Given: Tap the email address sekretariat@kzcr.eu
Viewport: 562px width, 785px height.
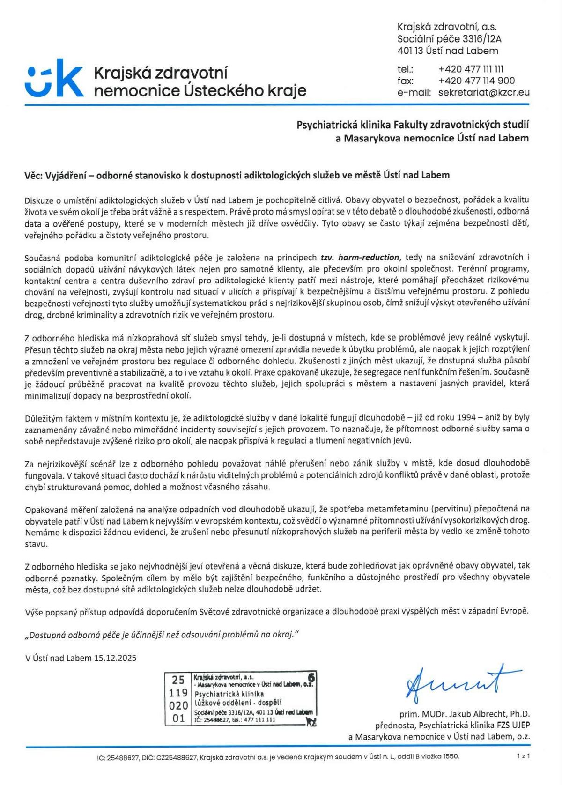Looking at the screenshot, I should pyautogui.click(x=484, y=92).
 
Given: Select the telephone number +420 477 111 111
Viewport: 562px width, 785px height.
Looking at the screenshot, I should pyautogui.click(x=471, y=69).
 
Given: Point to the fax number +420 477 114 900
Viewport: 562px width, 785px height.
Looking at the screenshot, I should pyautogui.click(x=476, y=81).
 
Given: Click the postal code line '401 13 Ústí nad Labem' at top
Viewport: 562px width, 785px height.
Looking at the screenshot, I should pyautogui.click(x=448, y=51).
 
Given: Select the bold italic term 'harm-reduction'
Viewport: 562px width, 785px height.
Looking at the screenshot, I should pyautogui.click(x=369, y=257).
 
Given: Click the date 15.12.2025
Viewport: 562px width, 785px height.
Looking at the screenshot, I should pyautogui.click(x=115, y=658).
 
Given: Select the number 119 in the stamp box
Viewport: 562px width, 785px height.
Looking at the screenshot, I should pyautogui.click(x=178, y=692).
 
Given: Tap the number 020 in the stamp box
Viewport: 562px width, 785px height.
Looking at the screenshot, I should pyautogui.click(x=178, y=705).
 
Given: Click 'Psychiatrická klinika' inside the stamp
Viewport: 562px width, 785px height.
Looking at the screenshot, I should pyautogui.click(x=229, y=694).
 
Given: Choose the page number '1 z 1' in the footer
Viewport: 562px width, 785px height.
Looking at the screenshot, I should pyautogui.click(x=523, y=755).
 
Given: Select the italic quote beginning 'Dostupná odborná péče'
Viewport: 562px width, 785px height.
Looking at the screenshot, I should pyautogui.click(x=162, y=635).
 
